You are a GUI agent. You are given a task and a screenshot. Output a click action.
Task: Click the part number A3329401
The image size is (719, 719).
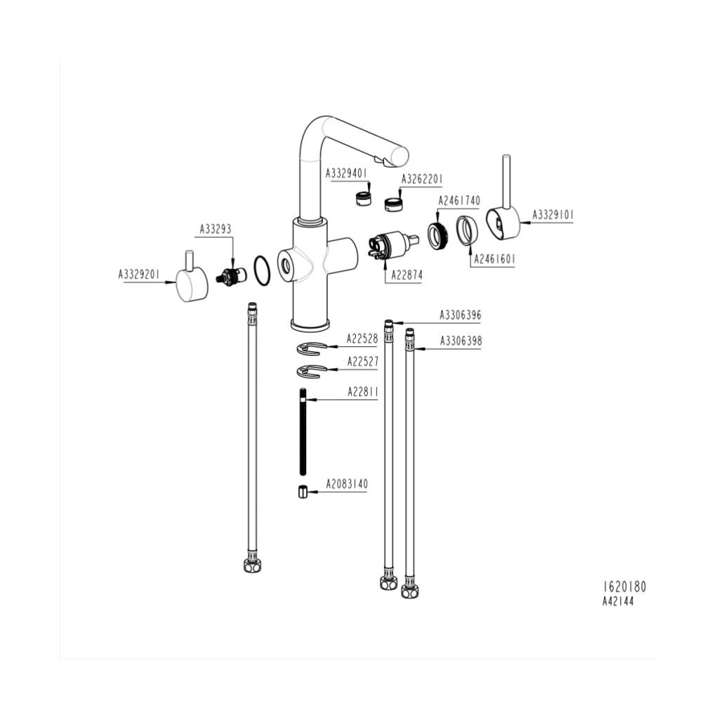coord(346,173)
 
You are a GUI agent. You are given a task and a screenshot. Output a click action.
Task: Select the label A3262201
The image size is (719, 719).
coord(422,179)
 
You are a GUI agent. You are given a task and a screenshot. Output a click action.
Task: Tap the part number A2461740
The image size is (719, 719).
coord(459,201)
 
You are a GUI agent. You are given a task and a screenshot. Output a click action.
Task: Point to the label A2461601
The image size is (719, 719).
coord(494,259)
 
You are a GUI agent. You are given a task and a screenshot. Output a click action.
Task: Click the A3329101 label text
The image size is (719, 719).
coord(553,214)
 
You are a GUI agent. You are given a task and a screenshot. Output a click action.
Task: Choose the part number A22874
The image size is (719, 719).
coord(403,276)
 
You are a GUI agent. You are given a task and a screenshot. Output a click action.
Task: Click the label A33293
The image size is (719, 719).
coord(216,229)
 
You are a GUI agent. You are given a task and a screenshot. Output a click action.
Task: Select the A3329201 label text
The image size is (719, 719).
coord(139,275)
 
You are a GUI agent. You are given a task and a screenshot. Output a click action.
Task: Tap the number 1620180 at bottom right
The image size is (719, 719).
coord(624,587)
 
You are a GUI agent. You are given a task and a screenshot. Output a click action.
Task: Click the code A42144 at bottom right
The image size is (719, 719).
coord(618,602)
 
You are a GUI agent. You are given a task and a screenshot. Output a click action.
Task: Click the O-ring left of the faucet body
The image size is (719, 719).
coord(261,270)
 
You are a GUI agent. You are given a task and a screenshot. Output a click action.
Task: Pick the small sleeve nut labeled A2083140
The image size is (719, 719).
coord(303,491)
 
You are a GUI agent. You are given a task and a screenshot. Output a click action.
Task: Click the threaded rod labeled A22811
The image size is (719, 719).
coord(303,432)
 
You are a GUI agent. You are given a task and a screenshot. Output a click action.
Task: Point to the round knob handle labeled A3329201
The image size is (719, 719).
coord(190,285)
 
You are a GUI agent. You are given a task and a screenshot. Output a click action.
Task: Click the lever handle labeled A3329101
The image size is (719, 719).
coord(503,221)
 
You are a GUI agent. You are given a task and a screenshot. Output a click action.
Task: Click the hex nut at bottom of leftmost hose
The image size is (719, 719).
coord(251,565)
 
